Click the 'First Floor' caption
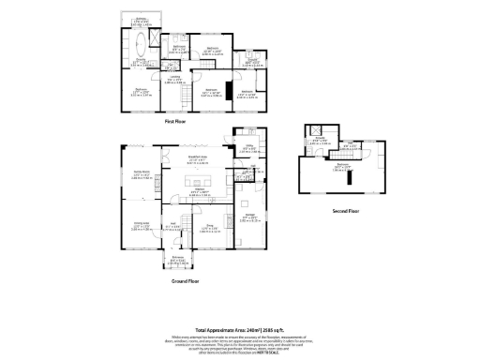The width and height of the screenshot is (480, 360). point(177,123)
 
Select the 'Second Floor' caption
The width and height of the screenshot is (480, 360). point(346,211)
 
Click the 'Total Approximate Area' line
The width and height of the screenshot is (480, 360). point(239,330)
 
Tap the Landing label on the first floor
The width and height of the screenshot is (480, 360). point(173,80)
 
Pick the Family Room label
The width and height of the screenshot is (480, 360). point(141,173)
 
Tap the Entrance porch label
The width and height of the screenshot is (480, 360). point(177,260)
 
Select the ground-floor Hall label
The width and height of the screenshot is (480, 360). point(172,226)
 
